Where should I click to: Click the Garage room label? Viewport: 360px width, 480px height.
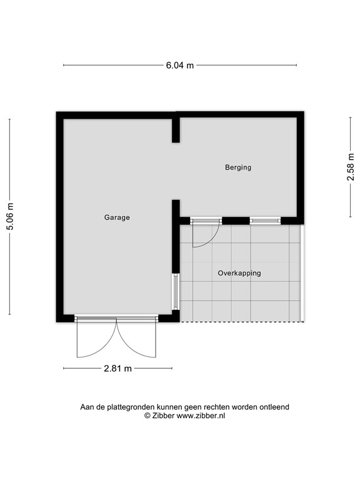click(x=117, y=217)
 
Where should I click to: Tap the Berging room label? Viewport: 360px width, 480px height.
click(x=238, y=167)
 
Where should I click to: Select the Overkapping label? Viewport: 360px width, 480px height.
click(x=239, y=273)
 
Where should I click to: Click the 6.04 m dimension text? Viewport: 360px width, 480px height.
click(x=179, y=65)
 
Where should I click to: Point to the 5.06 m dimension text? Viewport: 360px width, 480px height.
click(x=9, y=217)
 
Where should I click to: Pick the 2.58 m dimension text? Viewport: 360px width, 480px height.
click(x=351, y=167)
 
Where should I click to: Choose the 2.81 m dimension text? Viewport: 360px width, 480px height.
click(x=117, y=369)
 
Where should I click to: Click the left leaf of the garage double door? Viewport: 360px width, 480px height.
click(x=87, y=341)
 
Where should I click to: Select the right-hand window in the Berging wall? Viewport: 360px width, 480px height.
click(x=265, y=220)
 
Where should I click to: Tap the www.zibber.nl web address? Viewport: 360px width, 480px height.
click(x=201, y=415)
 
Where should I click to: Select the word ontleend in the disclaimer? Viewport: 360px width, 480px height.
click(x=272, y=406)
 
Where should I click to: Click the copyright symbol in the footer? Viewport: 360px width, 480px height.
click(x=147, y=415)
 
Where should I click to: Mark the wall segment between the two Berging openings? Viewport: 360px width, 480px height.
click(x=236, y=220)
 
